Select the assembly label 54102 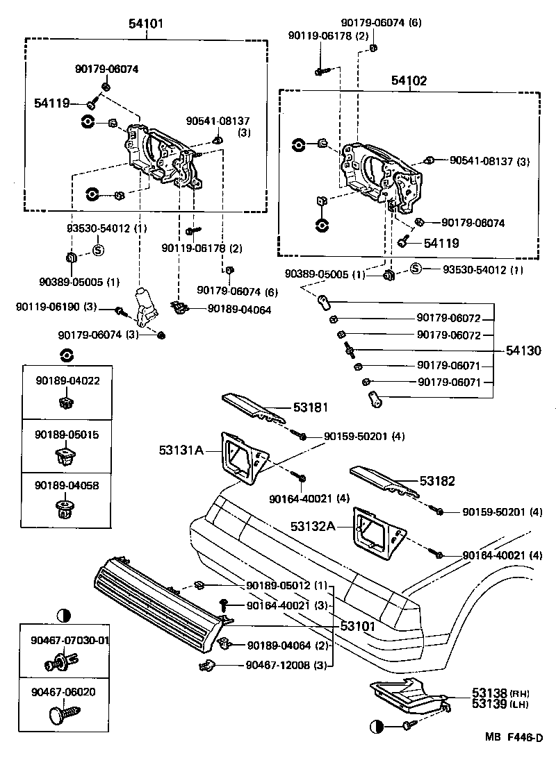click(409, 81)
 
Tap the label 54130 click(523, 351)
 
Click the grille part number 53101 click(358, 625)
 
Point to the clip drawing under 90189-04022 click(67, 400)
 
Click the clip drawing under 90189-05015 click(67, 456)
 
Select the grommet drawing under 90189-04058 click(67, 510)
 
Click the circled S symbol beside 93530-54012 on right click(415, 269)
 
